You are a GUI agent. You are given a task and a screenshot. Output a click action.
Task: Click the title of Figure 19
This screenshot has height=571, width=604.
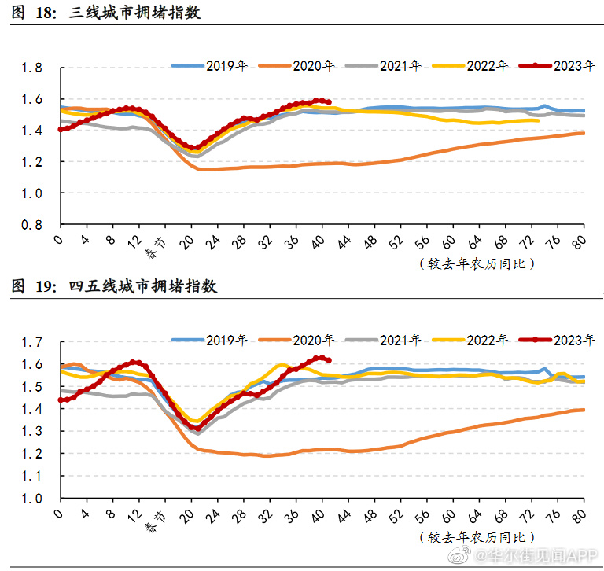point(113,287)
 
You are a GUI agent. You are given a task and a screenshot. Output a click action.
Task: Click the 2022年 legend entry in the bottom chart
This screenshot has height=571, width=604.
point(487,340)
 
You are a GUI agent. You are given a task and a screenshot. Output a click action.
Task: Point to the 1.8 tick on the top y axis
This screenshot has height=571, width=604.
point(32,68)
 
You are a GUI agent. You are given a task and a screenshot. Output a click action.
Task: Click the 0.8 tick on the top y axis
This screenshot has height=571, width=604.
point(32,224)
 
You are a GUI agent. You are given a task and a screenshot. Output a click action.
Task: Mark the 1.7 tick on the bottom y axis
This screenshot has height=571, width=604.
point(32,342)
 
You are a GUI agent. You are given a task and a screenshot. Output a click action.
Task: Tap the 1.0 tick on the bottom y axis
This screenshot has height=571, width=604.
point(32,499)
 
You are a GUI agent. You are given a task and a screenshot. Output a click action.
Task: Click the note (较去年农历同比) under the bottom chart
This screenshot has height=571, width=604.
point(477,537)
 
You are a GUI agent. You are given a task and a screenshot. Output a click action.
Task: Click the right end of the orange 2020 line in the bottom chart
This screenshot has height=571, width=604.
point(583,410)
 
